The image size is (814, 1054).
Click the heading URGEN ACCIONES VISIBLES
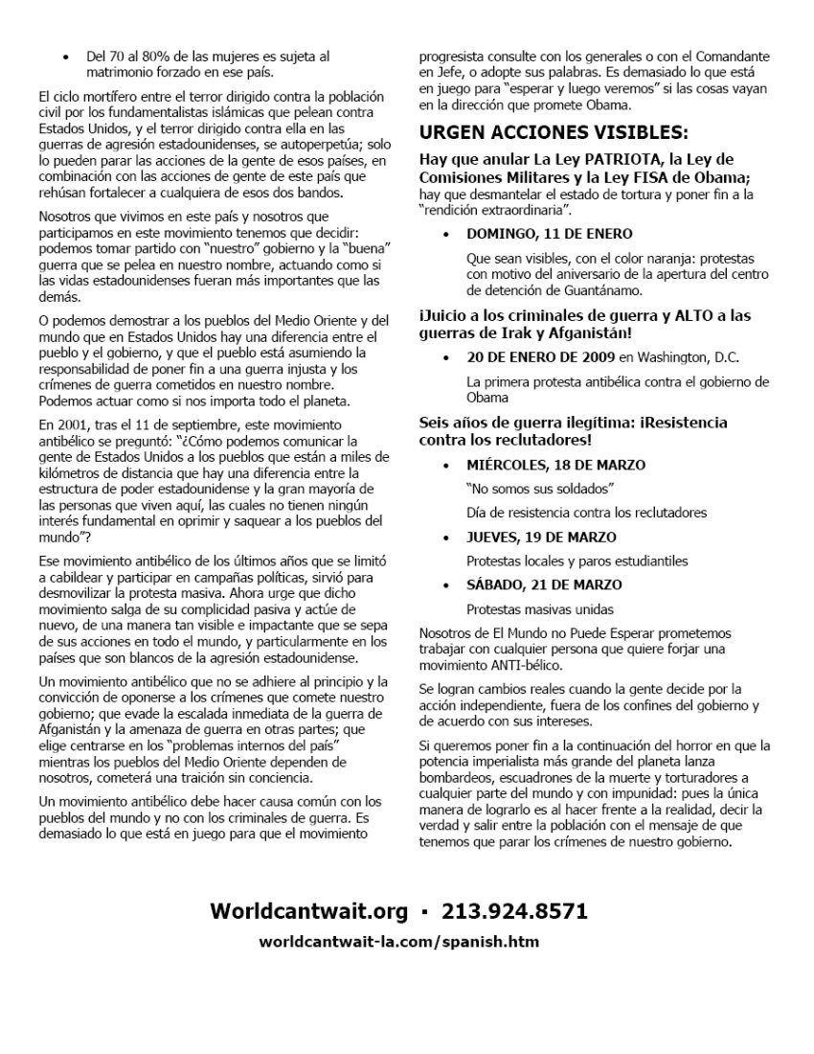click(554, 132)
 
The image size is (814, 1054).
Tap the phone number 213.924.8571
click(512, 910)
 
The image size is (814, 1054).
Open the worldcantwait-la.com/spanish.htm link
click(398, 941)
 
